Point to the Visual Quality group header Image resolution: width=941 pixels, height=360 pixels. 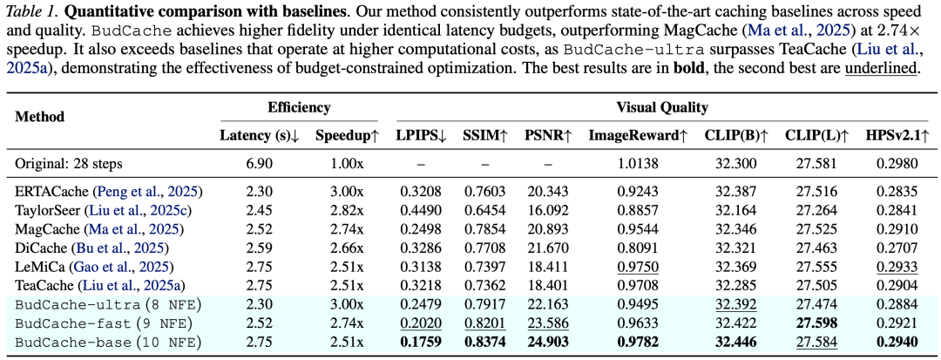click(x=662, y=108)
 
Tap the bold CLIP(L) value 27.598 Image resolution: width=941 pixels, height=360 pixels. click(x=816, y=323)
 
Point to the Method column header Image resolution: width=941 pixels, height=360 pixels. click(x=39, y=117)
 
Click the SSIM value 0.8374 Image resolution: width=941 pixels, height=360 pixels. click(x=485, y=343)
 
